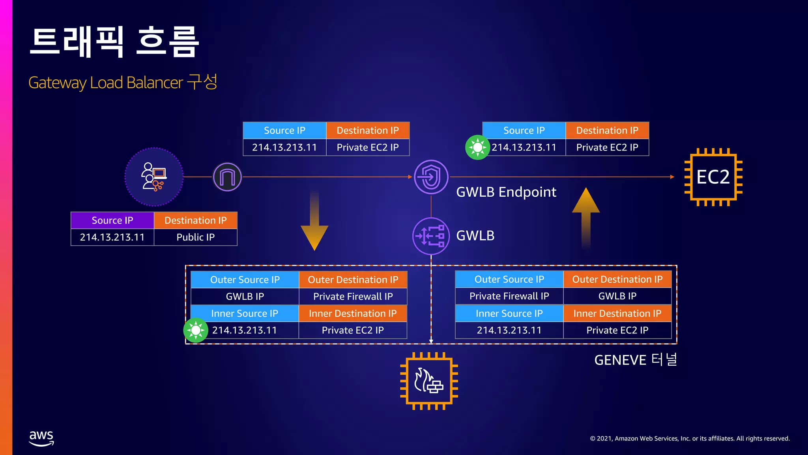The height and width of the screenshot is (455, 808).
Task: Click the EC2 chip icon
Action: (713, 177)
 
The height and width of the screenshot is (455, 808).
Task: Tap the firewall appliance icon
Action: (429, 381)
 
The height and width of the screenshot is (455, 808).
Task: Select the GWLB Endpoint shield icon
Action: (431, 177)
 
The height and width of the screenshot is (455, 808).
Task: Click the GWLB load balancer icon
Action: (431, 236)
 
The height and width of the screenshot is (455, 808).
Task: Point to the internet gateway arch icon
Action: (227, 177)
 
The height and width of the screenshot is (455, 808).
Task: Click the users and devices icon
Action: (154, 177)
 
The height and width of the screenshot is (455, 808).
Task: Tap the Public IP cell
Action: (195, 237)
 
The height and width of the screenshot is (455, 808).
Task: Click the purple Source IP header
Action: (112, 220)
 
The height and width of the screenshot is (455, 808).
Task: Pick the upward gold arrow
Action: (586, 217)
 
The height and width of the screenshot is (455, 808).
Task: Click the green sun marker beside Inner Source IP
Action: (196, 330)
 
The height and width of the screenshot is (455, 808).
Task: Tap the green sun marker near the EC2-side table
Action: (477, 147)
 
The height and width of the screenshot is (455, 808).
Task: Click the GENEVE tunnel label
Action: (636, 360)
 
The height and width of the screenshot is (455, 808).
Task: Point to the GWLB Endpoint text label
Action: (506, 192)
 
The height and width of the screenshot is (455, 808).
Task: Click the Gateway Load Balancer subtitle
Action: (123, 83)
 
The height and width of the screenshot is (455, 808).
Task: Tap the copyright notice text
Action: (690, 438)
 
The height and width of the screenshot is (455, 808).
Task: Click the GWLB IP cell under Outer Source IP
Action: (245, 297)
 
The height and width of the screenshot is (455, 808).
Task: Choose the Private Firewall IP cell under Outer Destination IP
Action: (353, 297)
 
